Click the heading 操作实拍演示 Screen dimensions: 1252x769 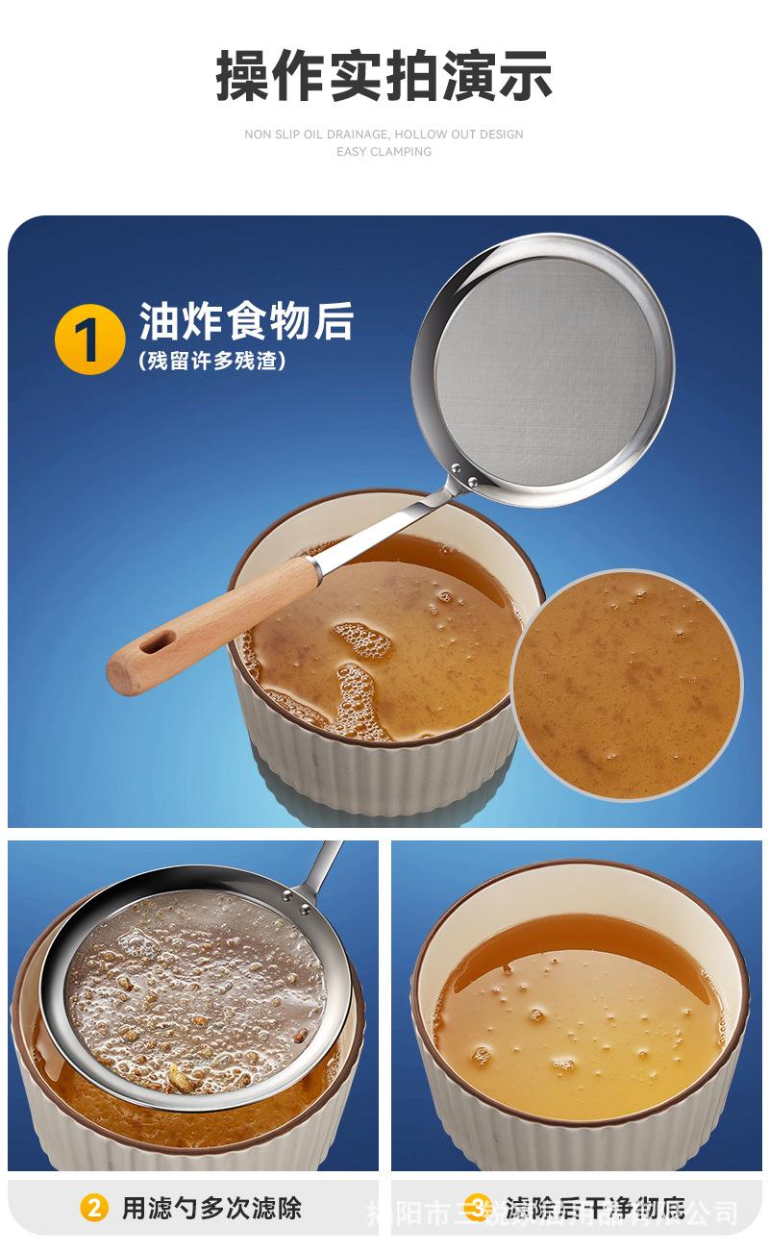point(384,76)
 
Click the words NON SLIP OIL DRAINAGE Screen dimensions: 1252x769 point(316,135)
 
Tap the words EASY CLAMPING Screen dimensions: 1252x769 point(384,152)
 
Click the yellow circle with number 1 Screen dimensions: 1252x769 point(89,338)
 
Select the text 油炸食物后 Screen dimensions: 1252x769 point(246,322)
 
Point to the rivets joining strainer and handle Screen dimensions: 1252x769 point(464,475)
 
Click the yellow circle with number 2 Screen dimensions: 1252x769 point(93,1208)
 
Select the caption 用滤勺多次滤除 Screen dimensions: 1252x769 point(211,1208)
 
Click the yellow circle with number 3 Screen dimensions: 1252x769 point(480,1208)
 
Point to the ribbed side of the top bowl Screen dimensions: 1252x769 point(384,760)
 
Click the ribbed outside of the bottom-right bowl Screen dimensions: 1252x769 point(577,1144)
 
